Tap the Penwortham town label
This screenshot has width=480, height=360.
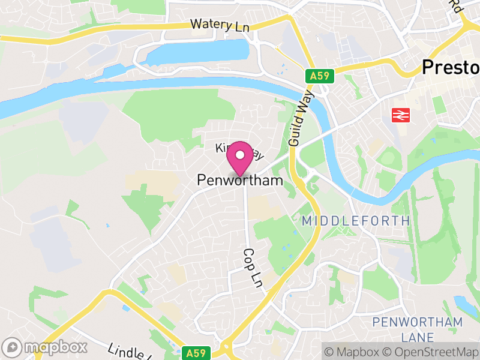pyautogui.click(x=240, y=180)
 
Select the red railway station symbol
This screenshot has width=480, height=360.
pyautogui.click(x=400, y=115)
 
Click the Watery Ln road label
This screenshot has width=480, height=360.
pyautogui.click(x=220, y=25)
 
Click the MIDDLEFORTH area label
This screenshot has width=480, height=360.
pyautogui.click(x=356, y=221)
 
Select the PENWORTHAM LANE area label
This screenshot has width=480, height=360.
pyautogui.click(x=417, y=329)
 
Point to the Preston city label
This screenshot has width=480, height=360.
pyautogui.click(x=450, y=67)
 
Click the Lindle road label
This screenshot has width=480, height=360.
pyautogui.click(x=128, y=352)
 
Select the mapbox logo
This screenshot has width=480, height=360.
pyautogui.click(x=46, y=347)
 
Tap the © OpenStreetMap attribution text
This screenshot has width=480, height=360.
pyautogui.click(x=431, y=350)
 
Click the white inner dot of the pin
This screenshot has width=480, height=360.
pyautogui.click(x=240, y=155)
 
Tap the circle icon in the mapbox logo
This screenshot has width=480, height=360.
pyautogui.click(x=12, y=347)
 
